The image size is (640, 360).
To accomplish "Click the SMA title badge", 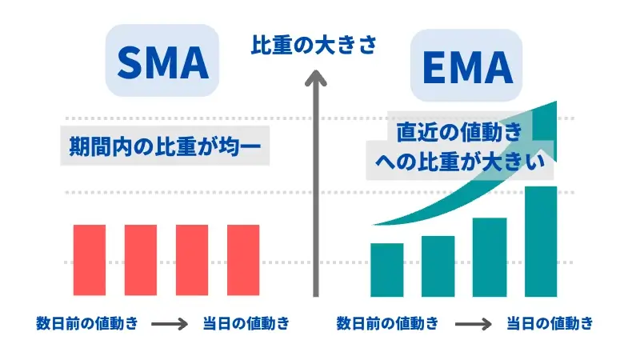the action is [x=162, y=61].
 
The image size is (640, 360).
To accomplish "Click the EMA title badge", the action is [x=466, y=66].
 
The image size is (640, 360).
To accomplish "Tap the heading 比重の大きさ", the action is [x=314, y=45].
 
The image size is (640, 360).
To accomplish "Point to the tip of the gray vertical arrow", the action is [x=316, y=70].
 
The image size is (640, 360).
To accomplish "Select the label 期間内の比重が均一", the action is [x=165, y=146].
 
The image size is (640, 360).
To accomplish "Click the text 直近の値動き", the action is [x=459, y=132].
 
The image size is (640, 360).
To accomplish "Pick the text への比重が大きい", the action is [x=460, y=161].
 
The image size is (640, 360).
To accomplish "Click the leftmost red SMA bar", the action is [x=90, y=260].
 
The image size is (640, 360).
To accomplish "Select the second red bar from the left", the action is [x=141, y=260].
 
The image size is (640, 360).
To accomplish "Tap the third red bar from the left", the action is [x=192, y=260].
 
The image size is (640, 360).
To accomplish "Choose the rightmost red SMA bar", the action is [x=243, y=260].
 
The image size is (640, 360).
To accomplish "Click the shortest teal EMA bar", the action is [x=387, y=270].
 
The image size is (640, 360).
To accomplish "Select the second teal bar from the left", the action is [x=438, y=266].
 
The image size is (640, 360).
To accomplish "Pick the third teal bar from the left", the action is [x=490, y=257].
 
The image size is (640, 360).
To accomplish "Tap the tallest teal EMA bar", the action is [x=541, y=242].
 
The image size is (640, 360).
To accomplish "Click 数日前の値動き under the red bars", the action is [x=87, y=324].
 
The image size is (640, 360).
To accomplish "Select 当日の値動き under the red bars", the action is [x=246, y=324].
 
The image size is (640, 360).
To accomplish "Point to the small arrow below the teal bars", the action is [x=474, y=325].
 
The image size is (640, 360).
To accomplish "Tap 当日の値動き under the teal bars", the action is [x=550, y=324].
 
